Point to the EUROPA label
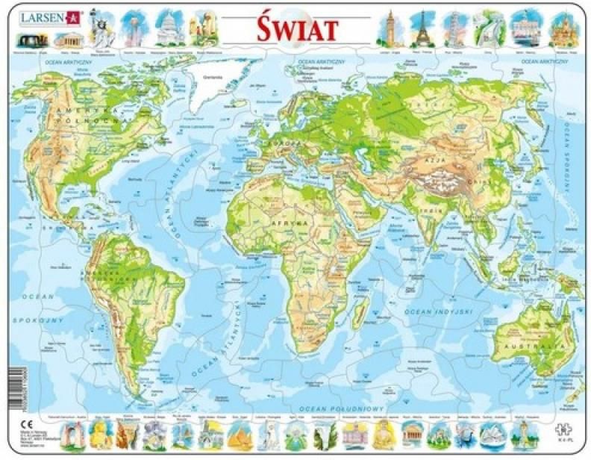(292, 143)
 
